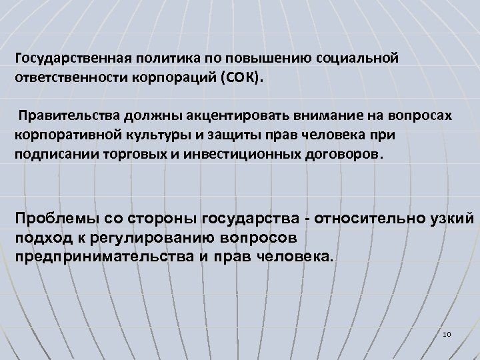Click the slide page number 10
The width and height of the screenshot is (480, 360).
pyautogui.click(x=446, y=333)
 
